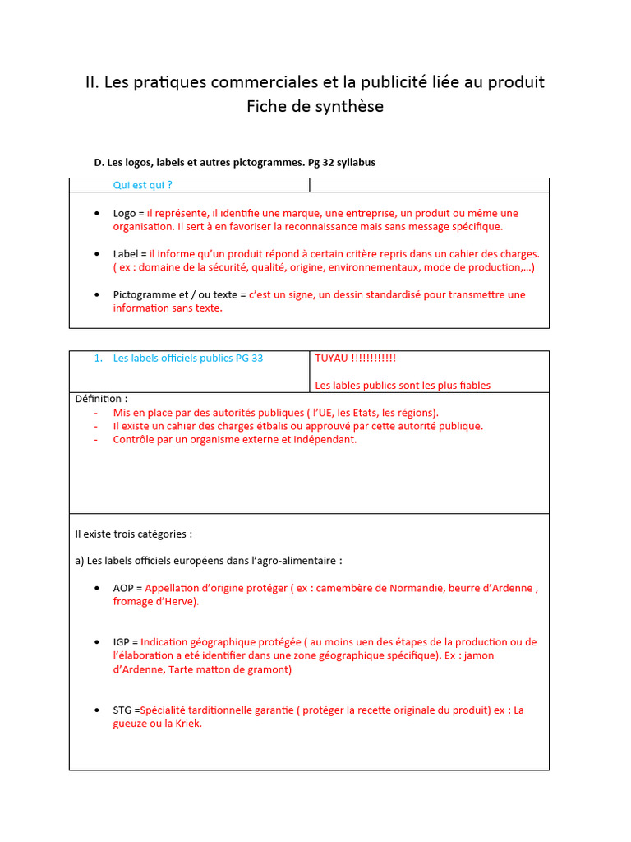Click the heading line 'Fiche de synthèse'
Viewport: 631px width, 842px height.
(x=315, y=107)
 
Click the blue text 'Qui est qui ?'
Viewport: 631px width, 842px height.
(x=142, y=185)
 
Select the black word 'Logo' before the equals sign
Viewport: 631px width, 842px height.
(x=124, y=213)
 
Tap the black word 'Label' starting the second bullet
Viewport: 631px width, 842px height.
(x=126, y=254)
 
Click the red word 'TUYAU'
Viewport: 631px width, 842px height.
(x=331, y=359)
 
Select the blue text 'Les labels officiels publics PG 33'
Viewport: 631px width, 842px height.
(x=187, y=359)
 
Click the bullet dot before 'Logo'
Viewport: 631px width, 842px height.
(x=98, y=214)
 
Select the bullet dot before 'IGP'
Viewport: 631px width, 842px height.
(x=98, y=642)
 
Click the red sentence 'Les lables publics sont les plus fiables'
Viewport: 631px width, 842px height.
(x=403, y=386)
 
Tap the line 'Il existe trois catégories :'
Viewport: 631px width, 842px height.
(x=133, y=534)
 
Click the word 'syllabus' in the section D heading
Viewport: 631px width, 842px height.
(x=356, y=162)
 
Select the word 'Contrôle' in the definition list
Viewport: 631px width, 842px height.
(x=134, y=439)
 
